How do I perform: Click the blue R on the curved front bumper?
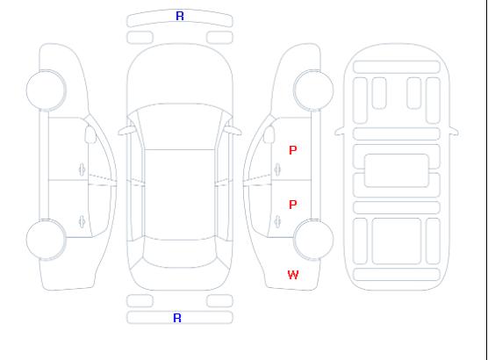point(180,16)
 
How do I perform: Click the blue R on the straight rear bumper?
point(177,318)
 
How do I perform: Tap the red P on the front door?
point(293,150)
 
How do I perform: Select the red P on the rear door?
point(293,205)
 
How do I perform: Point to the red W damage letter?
point(293,275)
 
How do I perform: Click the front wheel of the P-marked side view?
point(313,90)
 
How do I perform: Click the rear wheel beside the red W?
point(313,239)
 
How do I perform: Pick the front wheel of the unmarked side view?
point(46,90)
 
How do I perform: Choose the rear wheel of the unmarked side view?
point(46,239)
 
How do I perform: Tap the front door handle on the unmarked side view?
point(83,169)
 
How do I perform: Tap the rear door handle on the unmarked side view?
point(83,221)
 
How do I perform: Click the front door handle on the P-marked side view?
point(277,169)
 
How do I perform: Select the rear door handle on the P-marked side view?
point(277,221)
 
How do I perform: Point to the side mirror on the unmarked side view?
point(90,134)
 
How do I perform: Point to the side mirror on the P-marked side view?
point(269,134)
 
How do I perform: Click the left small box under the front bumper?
point(140,38)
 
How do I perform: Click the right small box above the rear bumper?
point(219,301)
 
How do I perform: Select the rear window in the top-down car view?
point(180,253)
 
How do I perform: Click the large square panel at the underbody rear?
point(397,241)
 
